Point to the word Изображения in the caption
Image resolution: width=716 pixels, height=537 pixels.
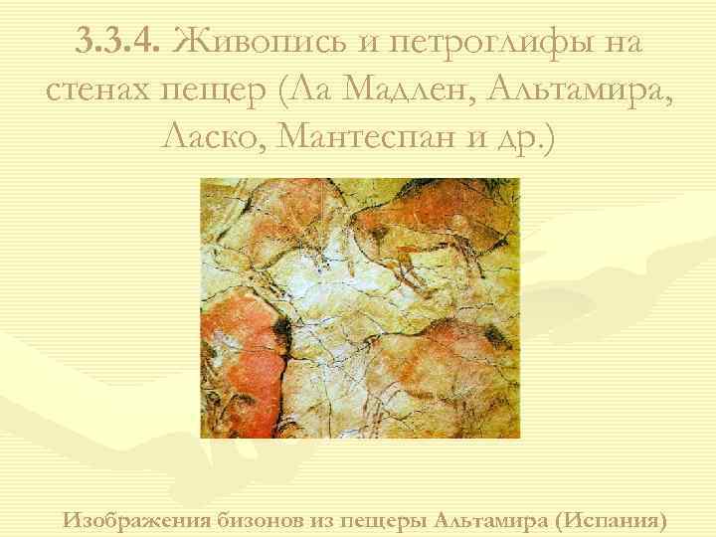point(137,519)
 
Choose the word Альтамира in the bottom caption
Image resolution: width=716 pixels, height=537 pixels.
point(493,519)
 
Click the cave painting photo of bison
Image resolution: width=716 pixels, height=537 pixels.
point(360,308)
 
